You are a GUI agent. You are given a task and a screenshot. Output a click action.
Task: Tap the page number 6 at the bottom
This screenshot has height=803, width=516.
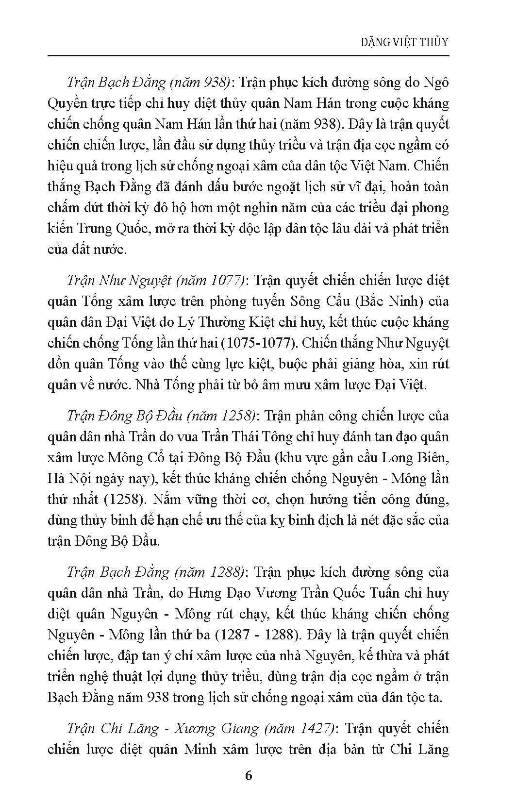[x=249, y=775]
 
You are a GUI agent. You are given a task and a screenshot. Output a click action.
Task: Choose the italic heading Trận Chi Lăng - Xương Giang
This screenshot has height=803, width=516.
[x=163, y=729]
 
